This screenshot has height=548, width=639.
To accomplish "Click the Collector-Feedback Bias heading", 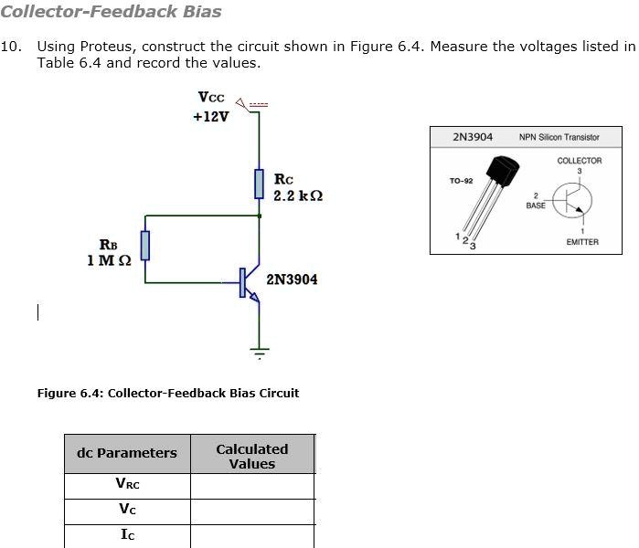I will pos(111,12).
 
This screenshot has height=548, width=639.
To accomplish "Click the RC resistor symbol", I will pos(260,184).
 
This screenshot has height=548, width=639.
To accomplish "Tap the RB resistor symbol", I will pos(144,246).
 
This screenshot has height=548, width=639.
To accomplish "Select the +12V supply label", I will pos(211,117).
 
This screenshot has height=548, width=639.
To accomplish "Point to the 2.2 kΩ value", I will pos(298,196).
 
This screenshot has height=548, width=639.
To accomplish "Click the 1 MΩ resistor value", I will pos(109,260).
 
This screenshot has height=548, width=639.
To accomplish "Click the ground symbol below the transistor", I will pos(260,352).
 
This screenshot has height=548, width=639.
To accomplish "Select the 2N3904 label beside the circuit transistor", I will pos(292,279).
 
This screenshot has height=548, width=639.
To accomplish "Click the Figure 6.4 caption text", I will pos(167,393).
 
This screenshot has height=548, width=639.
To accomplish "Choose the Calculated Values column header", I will pos(251,456).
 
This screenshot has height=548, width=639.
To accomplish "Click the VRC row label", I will pos(127,486).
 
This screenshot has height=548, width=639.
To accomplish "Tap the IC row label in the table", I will pos(127,535).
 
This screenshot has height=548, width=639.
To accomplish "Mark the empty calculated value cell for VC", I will pos(251,511).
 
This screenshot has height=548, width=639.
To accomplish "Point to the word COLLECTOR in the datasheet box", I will pos(580,161).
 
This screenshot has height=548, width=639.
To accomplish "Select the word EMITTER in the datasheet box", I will pos(582,242).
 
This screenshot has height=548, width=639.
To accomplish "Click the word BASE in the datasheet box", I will pos(536,205).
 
